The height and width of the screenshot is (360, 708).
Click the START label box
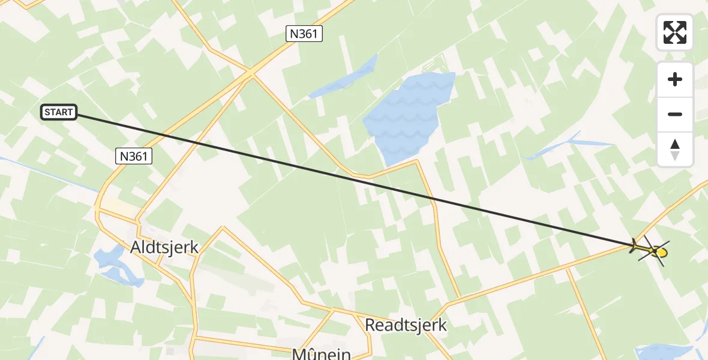click(x=59, y=112)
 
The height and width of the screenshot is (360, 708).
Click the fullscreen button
click(x=675, y=32)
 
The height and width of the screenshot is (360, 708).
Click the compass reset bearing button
click(x=675, y=149)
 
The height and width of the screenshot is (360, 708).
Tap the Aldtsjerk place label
click(x=164, y=247)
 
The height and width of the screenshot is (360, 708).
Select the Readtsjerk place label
click(x=406, y=325)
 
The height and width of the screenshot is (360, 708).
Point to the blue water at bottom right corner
click(x=663, y=353)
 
